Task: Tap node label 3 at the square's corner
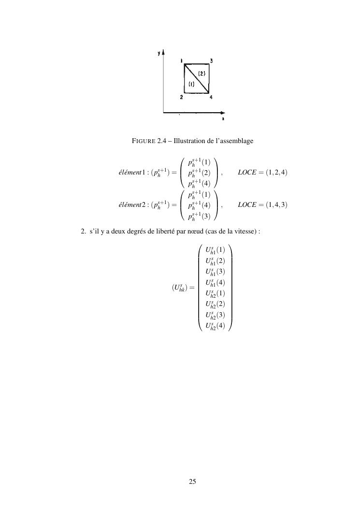[211, 61]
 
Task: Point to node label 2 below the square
[181, 98]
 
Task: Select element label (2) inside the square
[202, 73]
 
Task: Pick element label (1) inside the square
[191, 84]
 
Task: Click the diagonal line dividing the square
[196, 77]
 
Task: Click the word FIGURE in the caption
[144, 141]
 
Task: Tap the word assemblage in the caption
[235, 141]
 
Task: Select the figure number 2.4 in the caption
[162, 141]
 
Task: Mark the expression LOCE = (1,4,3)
[262, 204]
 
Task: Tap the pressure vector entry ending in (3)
[199, 216]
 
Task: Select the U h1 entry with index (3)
[215, 272]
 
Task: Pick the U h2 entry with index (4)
[215, 326]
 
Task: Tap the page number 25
[192, 481]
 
